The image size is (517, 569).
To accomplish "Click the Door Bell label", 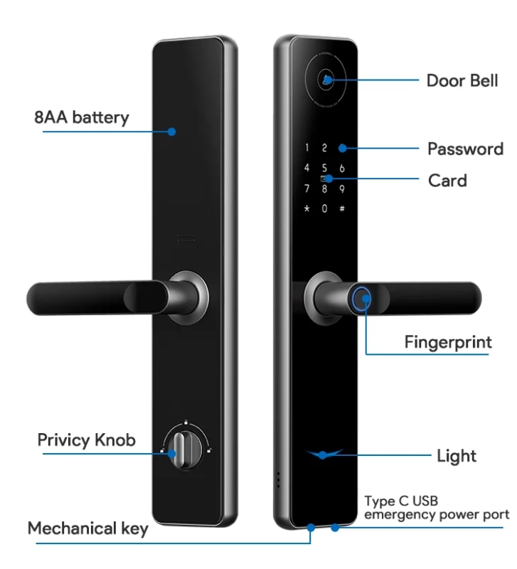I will [462, 80].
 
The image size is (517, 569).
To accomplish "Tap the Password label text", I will [465, 149].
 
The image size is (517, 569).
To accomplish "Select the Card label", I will [447, 181].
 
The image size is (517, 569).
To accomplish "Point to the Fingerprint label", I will [448, 342].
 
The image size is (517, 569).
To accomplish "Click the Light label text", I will [457, 456].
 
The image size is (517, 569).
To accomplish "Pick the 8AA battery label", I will [82, 117].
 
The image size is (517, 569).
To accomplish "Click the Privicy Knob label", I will [86, 440].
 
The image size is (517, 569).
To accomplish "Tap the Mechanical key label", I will [88, 528].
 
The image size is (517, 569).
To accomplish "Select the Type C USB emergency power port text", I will [437, 508].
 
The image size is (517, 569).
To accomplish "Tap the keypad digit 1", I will [307, 149].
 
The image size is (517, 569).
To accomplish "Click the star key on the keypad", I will [307, 209].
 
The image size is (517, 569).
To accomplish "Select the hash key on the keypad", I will [342, 209].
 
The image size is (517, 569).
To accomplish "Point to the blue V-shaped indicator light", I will [325, 454].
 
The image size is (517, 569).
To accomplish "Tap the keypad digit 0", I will [324, 209].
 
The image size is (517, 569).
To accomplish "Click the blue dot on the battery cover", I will [172, 131].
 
